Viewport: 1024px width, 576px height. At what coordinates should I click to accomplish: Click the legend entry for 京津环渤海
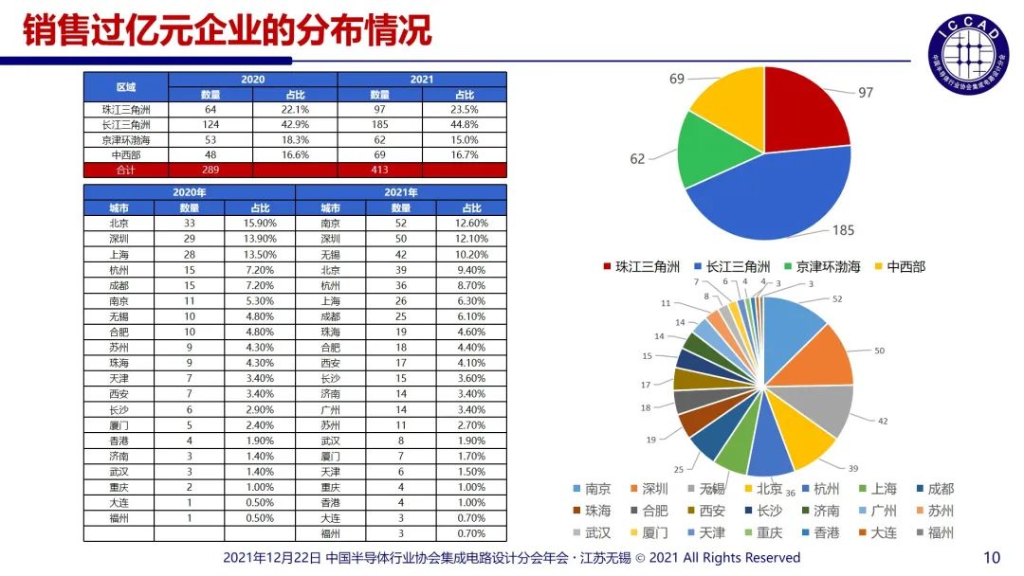tap(821, 267)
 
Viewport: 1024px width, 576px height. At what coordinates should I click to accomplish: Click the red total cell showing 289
tap(210, 171)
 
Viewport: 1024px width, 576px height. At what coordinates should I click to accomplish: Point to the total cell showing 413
tap(379, 171)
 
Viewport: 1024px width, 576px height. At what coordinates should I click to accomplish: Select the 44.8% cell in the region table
tap(465, 125)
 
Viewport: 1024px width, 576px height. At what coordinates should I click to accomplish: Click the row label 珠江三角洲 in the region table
tap(126, 110)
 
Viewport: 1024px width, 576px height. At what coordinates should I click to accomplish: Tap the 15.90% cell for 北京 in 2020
tap(259, 224)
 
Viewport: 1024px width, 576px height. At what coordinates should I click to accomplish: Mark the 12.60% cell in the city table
tap(471, 224)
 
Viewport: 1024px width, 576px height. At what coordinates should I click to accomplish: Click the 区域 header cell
tap(126, 87)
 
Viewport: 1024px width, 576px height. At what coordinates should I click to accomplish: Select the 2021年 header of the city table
tap(400, 192)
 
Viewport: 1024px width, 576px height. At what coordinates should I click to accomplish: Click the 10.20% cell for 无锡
tap(471, 254)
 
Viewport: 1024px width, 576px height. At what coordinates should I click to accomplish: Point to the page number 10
tap(993, 557)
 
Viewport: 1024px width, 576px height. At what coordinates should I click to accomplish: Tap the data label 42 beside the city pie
tap(884, 421)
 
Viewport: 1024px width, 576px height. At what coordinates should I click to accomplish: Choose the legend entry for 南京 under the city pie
tap(590, 490)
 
